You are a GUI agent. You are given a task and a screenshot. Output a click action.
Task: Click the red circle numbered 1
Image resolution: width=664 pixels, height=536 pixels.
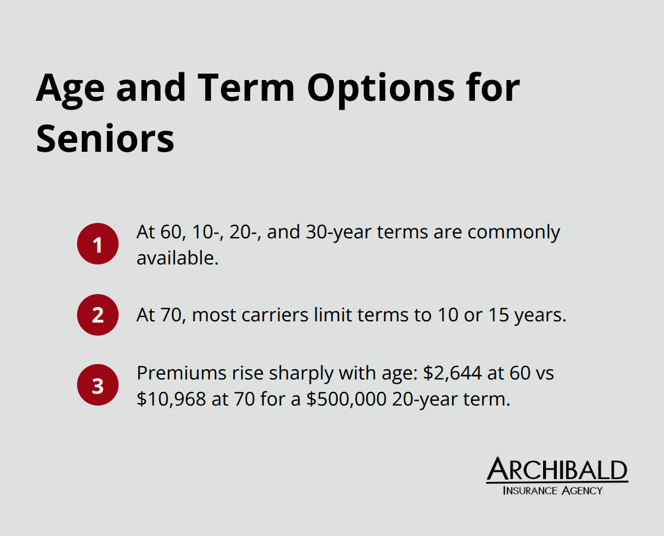coord(98,244)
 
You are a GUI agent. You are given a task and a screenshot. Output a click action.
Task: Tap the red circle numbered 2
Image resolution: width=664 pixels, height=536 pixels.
coord(98,315)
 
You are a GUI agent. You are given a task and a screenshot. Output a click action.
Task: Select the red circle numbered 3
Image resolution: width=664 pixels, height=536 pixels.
coord(98,385)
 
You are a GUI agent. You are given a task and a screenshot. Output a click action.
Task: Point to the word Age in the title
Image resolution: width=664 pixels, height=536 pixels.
coord(71,88)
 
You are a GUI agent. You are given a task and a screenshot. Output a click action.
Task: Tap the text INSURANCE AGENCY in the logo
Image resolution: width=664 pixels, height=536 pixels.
coord(552,490)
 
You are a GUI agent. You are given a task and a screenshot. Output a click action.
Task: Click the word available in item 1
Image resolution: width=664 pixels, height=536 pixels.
coord(176,258)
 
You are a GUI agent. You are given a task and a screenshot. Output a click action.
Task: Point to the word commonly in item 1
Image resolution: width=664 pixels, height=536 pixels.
coord(514,232)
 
